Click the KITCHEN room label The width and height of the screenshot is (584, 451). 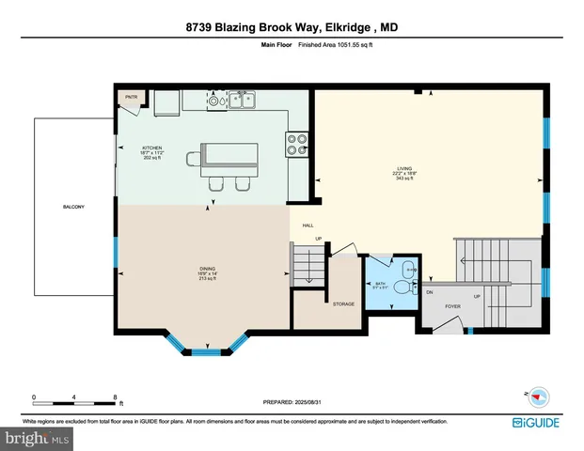[x=152, y=148]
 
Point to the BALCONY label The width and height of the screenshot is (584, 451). [x=74, y=207]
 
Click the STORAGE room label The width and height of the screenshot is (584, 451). [x=343, y=304]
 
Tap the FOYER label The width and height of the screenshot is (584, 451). [x=452, y=305]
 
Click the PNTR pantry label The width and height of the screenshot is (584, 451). [x=129, y=97]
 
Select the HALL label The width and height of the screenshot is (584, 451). [x=308, y=225]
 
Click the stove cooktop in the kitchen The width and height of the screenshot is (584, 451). [x=298, y=143]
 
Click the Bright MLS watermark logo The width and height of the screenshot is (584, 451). [x=35, y=437]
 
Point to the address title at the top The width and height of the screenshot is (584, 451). [x=292, y=27]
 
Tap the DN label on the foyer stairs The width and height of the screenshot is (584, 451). [x=429, y=292]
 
